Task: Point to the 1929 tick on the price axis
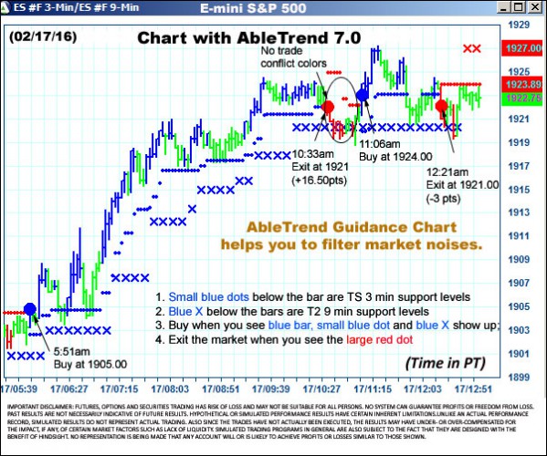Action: [518, 25]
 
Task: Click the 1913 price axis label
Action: [518, 212]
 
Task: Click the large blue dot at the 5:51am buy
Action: [30, 309]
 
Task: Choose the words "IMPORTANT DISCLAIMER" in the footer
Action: [40, 405]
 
